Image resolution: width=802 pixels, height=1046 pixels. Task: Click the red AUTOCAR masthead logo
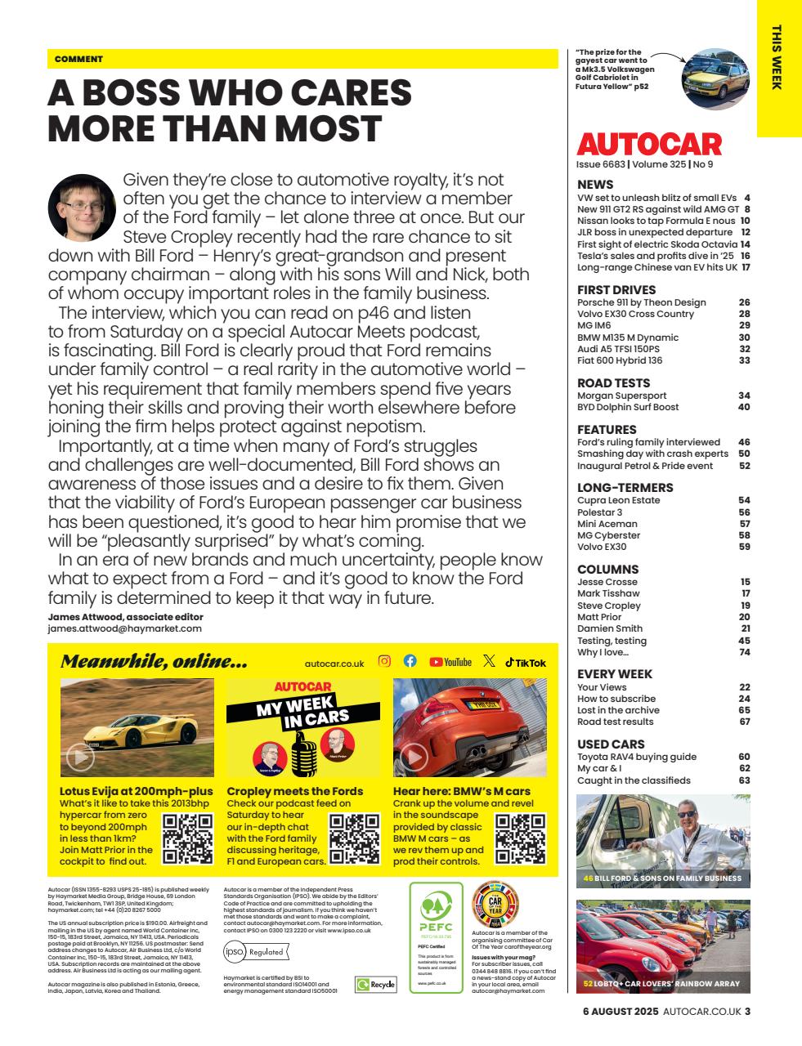tap(649, 145)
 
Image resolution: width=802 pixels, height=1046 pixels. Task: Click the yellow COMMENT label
tap(78, 59)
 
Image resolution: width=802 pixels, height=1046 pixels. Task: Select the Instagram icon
tap(384, 662)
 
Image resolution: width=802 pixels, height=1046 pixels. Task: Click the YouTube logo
tap(450, 662)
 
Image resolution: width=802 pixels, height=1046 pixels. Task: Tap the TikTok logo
tap(525, 663)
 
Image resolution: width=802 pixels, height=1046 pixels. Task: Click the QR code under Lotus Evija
tap(188, 839)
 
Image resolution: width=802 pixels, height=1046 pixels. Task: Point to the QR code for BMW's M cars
tap(521, 839)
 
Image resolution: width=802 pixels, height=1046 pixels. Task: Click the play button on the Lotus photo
tap(81, 757)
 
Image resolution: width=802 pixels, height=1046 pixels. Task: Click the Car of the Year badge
tap(495, 903)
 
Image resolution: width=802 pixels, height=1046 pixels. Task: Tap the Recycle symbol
tap(375, 985)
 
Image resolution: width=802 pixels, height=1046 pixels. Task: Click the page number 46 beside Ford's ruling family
tap(743, 442)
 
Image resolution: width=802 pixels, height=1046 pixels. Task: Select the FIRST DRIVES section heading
tap(616, 289)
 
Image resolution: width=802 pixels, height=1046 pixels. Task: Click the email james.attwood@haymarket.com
tap(124, 628)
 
